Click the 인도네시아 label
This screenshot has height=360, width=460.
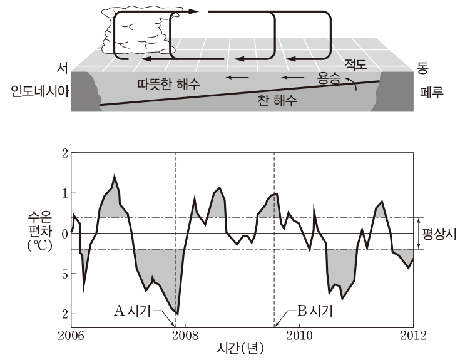(x=40, y=91)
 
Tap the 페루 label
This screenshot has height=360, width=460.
(x=432, y=92)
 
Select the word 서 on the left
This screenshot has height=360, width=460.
(x=62, y=68)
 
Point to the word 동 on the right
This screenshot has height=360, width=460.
(x=422, y=68)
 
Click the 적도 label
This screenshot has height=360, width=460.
(x=356, y=64)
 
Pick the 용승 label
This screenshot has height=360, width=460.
(x=329, y=78)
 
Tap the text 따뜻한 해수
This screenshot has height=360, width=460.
(x=169, y=84)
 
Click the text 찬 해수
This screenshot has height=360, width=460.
(x=277, y=100)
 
